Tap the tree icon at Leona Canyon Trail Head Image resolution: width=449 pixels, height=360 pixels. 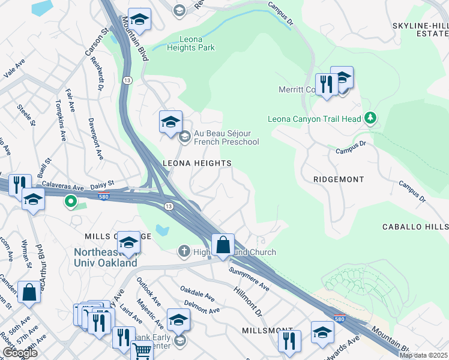point(371,118)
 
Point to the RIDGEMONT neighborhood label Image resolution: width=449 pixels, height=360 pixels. point(339,179)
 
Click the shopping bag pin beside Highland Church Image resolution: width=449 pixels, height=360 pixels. point(223,245)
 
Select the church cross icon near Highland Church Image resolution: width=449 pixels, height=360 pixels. point(184,251)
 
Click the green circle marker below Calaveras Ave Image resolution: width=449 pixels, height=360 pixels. point(71,202)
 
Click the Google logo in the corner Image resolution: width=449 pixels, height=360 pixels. point(19,353)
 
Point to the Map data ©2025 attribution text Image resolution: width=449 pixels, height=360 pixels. point(424,355)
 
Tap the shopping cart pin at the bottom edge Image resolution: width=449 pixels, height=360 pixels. point(142,353)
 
